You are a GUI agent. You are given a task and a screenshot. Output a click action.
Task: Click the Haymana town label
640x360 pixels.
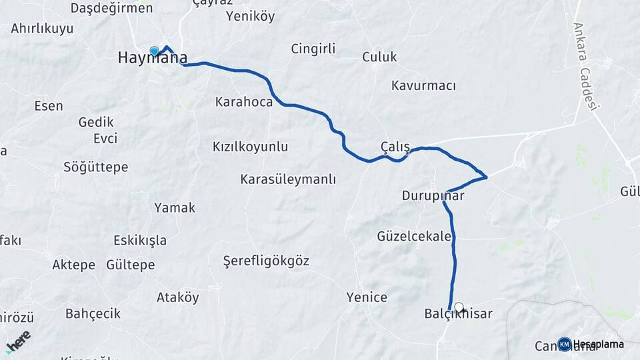[152, 58]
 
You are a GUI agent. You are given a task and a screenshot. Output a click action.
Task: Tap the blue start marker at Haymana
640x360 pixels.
[155, 51]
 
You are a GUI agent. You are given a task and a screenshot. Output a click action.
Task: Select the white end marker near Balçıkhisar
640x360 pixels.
[459, 307]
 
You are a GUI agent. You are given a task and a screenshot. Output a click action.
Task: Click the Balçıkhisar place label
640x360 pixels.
[458, 313]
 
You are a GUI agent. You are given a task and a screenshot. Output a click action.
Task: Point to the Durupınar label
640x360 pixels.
[433, 196]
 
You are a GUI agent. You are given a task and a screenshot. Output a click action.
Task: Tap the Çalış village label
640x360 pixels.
[395, 147]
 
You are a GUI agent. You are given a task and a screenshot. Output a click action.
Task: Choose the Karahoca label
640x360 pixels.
[244, 102]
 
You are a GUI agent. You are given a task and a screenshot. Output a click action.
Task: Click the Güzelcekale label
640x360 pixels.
[414, 236]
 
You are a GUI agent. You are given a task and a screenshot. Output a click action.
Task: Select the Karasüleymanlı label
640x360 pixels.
[288, 179]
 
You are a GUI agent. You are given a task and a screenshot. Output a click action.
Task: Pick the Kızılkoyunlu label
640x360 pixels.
[250, 146]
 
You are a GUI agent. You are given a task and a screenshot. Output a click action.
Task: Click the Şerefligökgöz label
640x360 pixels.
[266, 261]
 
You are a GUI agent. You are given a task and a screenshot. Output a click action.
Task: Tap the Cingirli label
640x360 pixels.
[313, 49]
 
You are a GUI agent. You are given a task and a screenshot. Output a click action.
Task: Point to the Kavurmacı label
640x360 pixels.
[423, 86]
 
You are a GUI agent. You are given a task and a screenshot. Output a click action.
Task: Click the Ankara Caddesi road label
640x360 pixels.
[587, 67]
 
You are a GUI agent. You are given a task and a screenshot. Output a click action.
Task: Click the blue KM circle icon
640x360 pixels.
[565, 344]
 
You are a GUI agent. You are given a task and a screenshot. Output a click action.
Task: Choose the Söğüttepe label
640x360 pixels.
[95, 167]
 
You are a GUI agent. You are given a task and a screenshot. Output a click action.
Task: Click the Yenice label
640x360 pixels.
[367, 297]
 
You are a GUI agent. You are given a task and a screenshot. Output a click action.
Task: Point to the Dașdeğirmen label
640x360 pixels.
[111, 9]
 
